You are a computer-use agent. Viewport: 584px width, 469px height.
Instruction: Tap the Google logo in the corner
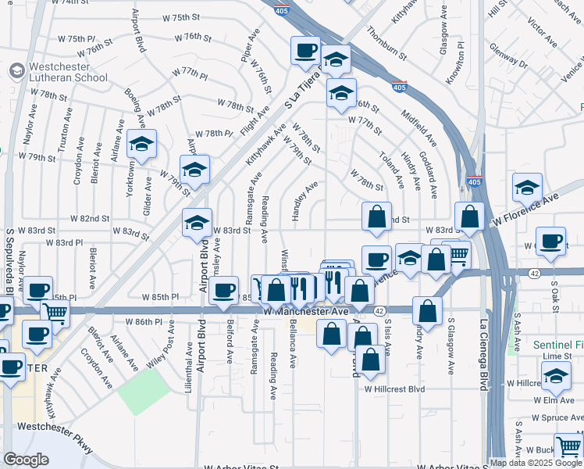pyautogui.click(x=26, y=460)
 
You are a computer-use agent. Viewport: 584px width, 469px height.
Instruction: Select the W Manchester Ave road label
pyautogui.click(x=305, y=311)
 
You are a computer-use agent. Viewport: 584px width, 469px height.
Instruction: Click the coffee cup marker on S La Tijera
pyautogui.click(x=305, y=51)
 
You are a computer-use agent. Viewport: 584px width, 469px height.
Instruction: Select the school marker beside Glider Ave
pyautogui.click(x=141, y=144)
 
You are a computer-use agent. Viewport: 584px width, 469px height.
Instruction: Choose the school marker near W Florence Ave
pyautogui.click(x=527, y=188)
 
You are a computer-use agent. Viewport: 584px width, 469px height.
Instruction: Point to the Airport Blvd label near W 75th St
pyautogui.click(x=138, y=31)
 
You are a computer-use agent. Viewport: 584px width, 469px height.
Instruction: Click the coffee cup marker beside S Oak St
pyautogui.click(x=551, y=240)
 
